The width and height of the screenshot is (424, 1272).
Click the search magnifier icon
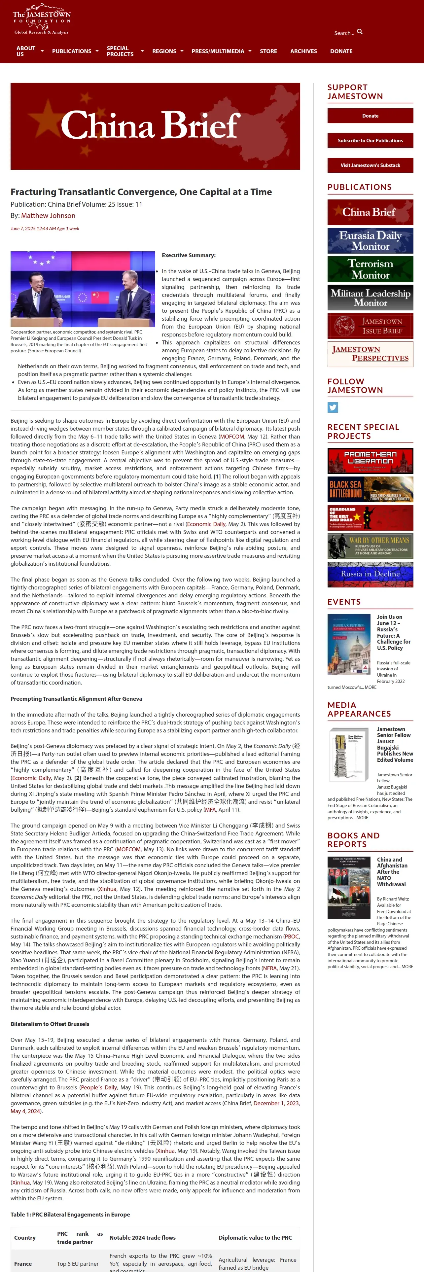[360, 32]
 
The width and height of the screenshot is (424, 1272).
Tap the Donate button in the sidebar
[370, 116]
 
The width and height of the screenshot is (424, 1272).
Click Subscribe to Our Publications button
[370, 141]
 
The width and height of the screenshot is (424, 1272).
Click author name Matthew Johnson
[48, 216]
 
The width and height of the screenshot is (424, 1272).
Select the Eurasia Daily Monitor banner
[370, 240]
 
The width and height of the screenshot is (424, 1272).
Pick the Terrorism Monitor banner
[370, 269]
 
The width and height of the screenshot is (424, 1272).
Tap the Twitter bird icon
[333, 407]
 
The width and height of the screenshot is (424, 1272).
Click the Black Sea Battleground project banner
[370, 489]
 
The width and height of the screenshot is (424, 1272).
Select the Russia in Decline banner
[370, 574]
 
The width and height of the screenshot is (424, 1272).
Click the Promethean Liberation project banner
[370, 461]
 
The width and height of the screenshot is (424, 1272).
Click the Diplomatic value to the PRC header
[255, 1237]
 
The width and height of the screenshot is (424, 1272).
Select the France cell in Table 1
[23, 1264]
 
